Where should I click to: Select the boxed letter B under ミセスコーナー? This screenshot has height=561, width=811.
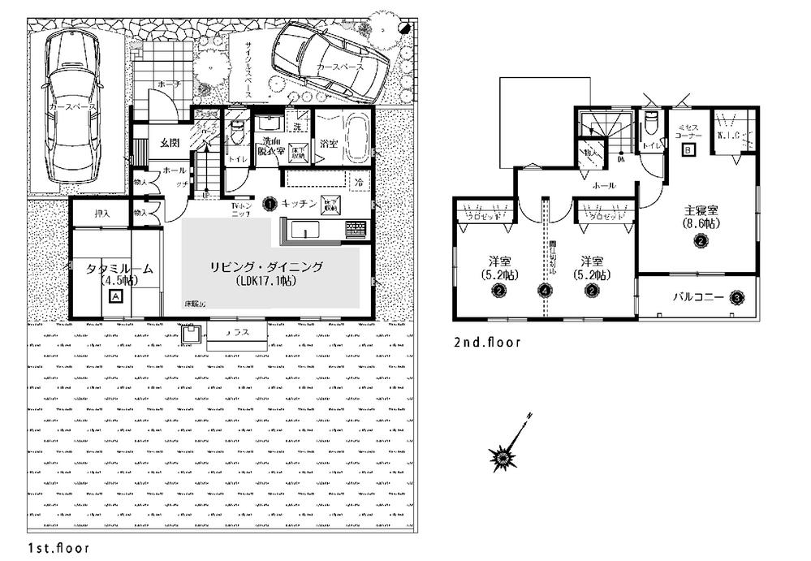[x=688, y=150]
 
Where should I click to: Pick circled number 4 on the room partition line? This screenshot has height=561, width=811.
[x=545, y=290]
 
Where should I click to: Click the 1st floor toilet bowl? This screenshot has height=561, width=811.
[x=236, y=130]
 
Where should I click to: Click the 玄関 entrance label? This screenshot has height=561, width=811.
[x=169, y=143]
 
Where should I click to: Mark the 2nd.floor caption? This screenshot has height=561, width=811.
[x=486, y=343]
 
